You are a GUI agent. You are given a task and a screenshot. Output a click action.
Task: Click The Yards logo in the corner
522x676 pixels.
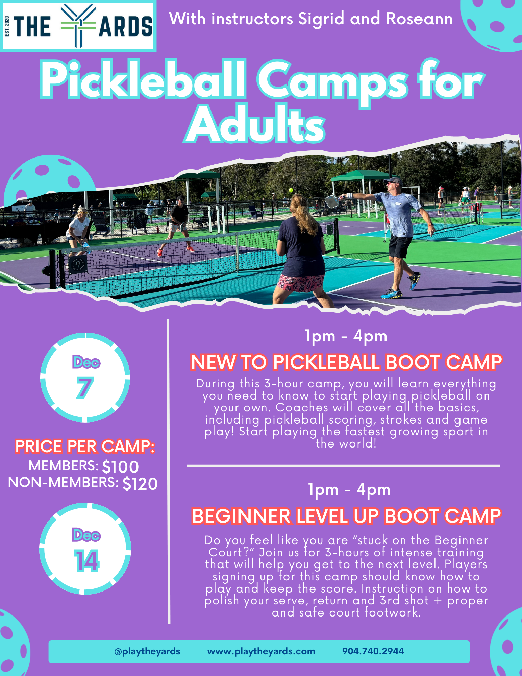[78, 26]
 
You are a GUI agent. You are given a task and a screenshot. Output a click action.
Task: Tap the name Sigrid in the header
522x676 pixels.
[321, 19]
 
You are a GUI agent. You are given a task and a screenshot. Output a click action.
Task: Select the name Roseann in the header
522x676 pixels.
[419, 19]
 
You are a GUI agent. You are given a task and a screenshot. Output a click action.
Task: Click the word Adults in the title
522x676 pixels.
[256, 125]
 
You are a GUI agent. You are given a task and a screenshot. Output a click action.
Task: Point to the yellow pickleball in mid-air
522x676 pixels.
[291, 190]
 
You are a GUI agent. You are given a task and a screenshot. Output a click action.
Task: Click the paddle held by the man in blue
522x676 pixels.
[331, 201]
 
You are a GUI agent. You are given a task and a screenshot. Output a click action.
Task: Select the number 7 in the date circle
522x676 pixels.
[84, 388]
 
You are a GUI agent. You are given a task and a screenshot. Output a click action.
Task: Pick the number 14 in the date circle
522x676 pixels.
[86, 561]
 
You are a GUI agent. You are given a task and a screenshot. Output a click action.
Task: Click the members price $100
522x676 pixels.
[120, 467]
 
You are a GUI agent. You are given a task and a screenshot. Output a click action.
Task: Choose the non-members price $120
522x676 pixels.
[140, 484]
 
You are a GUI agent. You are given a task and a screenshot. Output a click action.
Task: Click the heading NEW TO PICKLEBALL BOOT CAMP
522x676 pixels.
[346, 362]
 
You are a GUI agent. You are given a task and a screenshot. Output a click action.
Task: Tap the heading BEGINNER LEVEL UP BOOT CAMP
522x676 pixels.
[346, 516]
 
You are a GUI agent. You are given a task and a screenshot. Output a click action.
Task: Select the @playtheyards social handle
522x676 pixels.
[147, 651]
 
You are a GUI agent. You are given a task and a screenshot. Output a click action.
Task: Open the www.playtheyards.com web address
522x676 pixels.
[261, 651]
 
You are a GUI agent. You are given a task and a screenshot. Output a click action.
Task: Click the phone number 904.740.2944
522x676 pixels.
[373, 651]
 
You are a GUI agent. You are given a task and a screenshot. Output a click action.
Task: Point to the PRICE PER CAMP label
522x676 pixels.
[85, 446]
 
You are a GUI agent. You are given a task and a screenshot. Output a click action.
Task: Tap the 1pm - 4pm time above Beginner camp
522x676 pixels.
[349, 490]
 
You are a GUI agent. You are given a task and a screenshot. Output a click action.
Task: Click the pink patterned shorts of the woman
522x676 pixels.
[301, 283]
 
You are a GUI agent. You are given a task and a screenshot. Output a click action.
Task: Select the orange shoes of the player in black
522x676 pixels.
[190, 249]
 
